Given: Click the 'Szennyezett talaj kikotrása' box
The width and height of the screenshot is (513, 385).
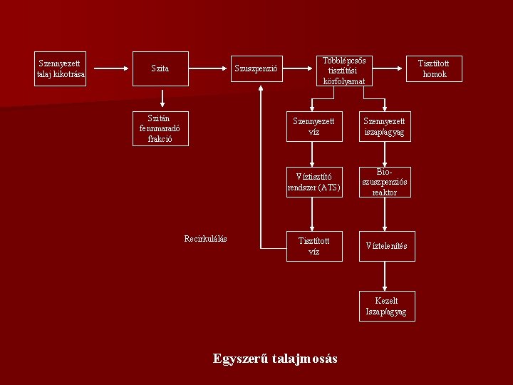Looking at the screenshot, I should tap(61, 68).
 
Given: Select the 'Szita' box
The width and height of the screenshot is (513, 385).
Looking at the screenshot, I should tap(160, 68).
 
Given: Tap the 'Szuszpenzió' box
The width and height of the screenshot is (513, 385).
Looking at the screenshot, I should tap(256, 68).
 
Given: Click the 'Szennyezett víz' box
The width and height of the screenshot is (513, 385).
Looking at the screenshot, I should tap(314, 126).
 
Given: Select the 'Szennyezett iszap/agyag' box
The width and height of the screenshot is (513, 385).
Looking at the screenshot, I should tap(385, 126).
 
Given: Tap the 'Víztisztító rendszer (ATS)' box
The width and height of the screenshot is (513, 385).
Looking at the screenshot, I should tap(314, 182).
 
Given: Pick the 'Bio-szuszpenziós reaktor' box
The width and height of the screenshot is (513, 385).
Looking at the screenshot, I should tap(385, 182).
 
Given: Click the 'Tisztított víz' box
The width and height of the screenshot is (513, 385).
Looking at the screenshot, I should tap(314, 246).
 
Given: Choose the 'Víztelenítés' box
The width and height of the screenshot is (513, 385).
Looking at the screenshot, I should tap(386, 246).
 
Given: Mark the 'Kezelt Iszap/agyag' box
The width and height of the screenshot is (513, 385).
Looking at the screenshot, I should tap(386, 306).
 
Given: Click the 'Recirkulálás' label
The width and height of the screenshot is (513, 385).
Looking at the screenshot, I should tap(205, 239).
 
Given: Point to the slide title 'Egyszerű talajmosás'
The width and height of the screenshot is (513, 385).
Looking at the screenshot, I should tap(275, 359).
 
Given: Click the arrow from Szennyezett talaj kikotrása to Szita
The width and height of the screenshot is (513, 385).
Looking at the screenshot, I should tap(110, 68).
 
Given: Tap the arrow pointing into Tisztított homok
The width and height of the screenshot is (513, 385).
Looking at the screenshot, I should tap(389, 68).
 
